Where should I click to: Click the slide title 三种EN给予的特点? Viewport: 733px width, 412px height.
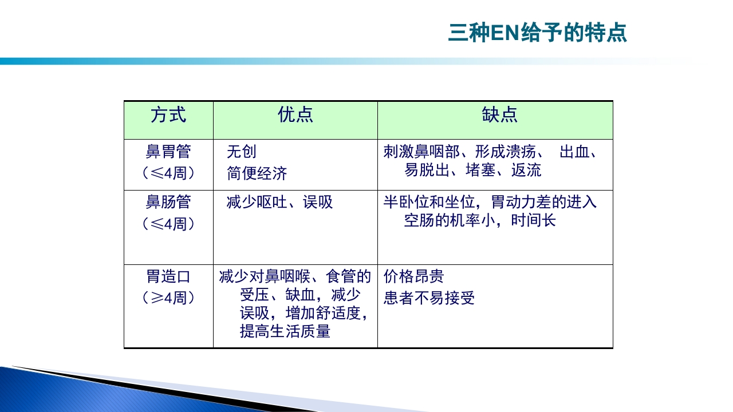point(537,33)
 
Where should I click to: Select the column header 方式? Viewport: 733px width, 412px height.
point(168,114)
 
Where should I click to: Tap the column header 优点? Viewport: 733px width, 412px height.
point(295,114)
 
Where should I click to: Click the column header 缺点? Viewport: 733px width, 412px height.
point(499,114)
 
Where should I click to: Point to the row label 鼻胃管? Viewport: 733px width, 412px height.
point(168,152)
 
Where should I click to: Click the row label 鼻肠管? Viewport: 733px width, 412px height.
point(168,202)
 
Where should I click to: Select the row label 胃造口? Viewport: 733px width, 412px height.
point(168,277)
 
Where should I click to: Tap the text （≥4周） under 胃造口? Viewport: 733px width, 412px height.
point(168,298)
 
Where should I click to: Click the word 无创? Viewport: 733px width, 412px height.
point(242,152)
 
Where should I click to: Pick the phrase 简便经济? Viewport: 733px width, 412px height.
point(257,173)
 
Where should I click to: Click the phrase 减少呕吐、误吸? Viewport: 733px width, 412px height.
point(279,202)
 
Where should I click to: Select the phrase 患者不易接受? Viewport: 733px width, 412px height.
point(429,298)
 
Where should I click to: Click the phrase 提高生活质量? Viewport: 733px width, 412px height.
point(285,331)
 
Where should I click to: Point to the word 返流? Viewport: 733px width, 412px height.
point(526,170)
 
